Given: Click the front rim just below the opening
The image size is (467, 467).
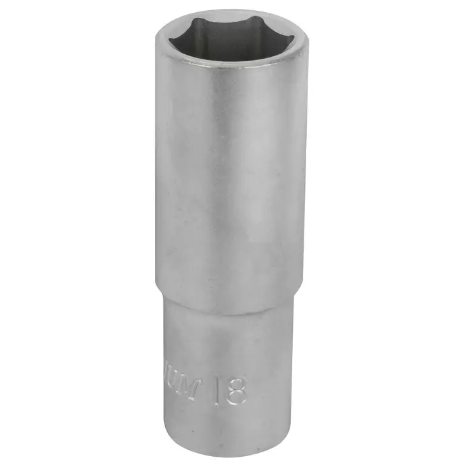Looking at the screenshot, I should [231, 69].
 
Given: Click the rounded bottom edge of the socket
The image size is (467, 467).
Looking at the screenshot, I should [230, 454].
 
